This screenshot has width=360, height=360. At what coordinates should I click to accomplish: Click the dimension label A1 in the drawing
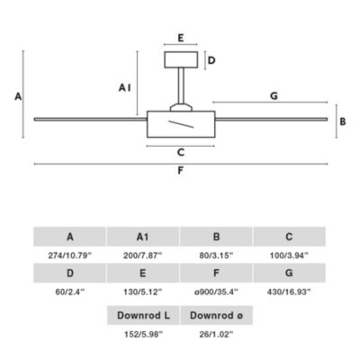click(x=124, y=88)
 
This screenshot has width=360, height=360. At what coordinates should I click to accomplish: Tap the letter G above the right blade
click(x=274, y=96)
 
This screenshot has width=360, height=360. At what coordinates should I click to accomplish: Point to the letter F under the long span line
click(x=180, y=170)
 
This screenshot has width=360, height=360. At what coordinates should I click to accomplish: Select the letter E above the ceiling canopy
click(x=181, y=38)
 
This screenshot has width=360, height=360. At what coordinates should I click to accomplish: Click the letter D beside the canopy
click(x=211, y=60)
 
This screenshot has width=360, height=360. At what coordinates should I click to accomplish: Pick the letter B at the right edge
click(x=343, y=121)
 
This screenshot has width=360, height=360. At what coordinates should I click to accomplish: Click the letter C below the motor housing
click(x=181, y=152)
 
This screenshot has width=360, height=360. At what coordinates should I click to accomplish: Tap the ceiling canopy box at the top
click(x=181, y=59)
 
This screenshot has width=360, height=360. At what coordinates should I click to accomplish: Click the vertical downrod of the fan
click(x=181, y=85)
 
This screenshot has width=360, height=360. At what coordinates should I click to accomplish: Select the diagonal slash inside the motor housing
click(x=181, y=124)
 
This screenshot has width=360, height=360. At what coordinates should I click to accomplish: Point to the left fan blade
click(x=90, y=119)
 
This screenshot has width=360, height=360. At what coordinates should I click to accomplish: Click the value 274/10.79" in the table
click(x=69, y=256)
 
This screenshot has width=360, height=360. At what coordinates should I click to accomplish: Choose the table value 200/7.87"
click(x=142, y=256)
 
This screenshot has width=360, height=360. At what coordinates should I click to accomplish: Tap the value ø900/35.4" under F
click(x=216, y=292)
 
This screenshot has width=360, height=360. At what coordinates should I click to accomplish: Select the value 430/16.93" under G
click(x=289, y=292)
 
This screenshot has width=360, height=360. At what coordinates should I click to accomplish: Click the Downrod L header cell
click(x=143, y=315)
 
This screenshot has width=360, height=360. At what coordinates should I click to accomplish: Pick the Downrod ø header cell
click(x=217, y=315)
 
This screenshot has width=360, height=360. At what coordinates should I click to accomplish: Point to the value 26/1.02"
click(x=216, y=334)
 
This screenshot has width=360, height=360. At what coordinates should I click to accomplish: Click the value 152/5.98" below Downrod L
click(x=143, y=334)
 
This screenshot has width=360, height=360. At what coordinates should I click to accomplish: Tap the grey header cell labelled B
click(x=216, y=237)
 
